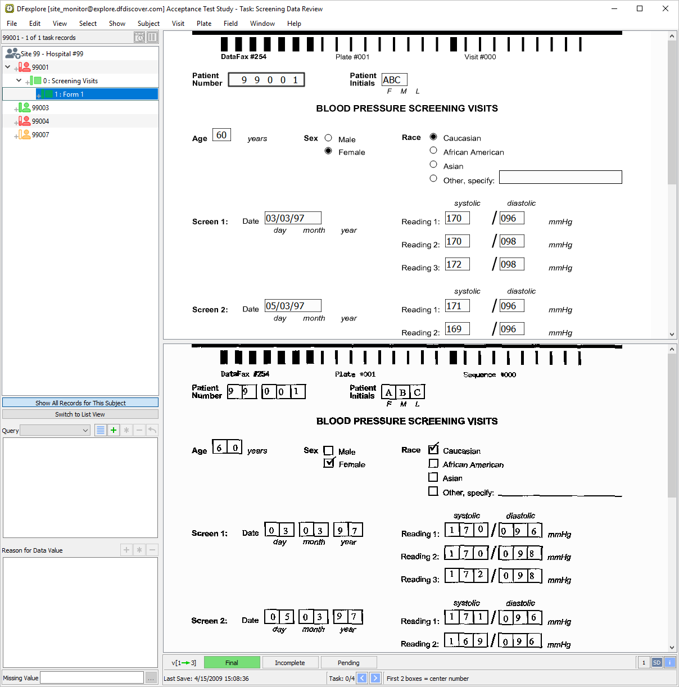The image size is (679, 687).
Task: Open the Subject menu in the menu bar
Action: click(148, 24)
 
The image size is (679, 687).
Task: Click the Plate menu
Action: click(203, 24)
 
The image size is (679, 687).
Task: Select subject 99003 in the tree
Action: click(40, 108)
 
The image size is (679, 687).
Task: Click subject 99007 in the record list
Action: click(40, 135)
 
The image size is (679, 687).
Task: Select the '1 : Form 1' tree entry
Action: click(69, 94)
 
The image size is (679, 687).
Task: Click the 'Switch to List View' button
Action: click(80, 414)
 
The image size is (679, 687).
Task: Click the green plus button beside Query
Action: click(114, 430)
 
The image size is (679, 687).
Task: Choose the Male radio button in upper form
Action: click(328, 138)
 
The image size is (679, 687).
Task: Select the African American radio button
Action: click(433, 151)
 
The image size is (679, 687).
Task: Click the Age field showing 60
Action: click(221, 135)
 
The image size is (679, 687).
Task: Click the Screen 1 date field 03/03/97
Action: click(293, 218)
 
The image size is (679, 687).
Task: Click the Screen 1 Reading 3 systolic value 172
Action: click(457, 264)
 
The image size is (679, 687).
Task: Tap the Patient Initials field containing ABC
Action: click(394, 80)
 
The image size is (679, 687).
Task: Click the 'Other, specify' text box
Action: click(560, 177)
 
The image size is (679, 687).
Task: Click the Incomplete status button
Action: click(289, 663)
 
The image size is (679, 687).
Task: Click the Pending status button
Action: click(348, 663)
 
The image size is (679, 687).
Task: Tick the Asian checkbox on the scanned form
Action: click(433, 477)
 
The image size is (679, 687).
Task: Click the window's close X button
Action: click(666, 8)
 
